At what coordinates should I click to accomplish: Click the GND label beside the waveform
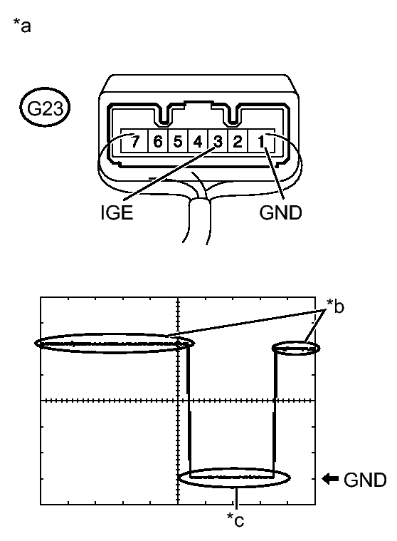point(364,480)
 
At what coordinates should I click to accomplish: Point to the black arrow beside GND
point(330,479)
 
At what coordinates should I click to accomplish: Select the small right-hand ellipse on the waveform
point(297,349)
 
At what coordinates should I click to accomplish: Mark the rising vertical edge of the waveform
point(275,413)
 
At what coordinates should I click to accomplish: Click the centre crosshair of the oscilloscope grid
point(176,401)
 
